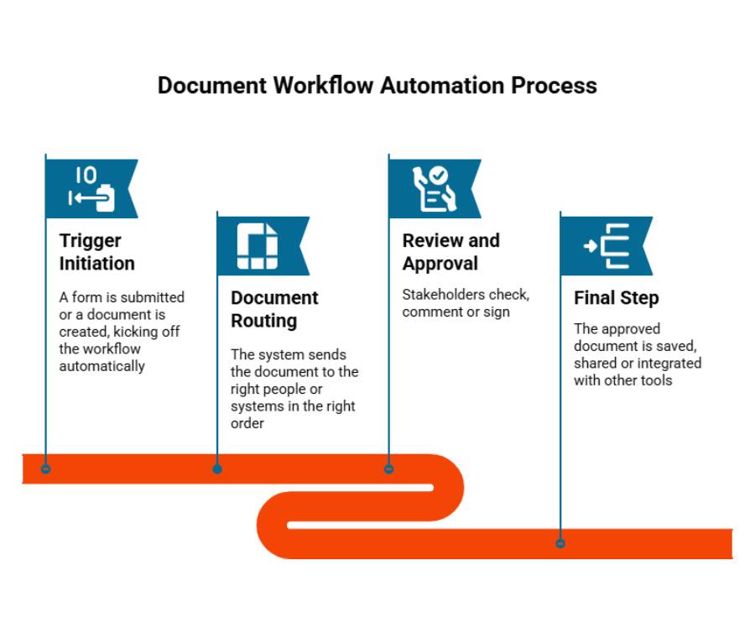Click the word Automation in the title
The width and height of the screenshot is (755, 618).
(x=442, y=86)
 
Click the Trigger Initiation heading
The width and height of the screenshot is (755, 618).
(x=96, y=252)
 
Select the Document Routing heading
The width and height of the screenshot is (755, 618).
(x=274, y=309)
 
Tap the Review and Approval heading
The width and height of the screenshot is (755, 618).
(x=451, y=252)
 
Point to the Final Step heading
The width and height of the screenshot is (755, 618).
(x=617, y=298)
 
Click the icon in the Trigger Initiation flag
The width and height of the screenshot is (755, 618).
(x=91, y=189)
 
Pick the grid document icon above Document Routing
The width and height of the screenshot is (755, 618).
(x=258, y=246)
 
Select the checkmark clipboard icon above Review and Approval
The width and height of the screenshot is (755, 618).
(x=434, y=189)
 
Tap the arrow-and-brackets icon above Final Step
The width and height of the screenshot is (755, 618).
(x=607, y=246)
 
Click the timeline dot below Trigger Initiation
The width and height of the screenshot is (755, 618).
(x=46, y=469)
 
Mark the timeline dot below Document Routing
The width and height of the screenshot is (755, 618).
(x=217, y=469)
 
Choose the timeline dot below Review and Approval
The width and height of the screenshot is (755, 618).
(x=388, y=469)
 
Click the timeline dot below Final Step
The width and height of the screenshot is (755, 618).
(x=560, y=543)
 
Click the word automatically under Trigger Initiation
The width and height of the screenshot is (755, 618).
(x=102, y=366)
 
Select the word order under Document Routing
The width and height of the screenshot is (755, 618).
(x=247, y=423)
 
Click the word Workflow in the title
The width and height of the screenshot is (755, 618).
(x=324, y=86)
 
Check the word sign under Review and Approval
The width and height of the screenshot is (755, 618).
(x=497, y=312)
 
